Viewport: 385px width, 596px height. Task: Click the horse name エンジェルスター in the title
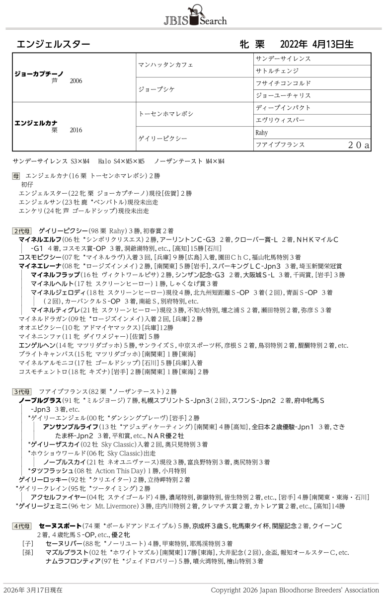[x=53, y=44]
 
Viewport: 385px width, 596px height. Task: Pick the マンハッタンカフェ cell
[x=165, y=65]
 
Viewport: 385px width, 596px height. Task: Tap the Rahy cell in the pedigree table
[x=261, y=133]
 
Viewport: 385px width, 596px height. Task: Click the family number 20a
[x=358, y=145]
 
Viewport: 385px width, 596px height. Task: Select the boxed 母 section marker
[x=16, y=175]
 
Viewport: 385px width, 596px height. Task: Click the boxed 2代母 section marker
[x=22, y=230]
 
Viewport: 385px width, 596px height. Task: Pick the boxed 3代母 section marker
[x=22, y=391]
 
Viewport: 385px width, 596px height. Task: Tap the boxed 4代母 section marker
[x=22, y=525]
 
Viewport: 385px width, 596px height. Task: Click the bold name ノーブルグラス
[x=40, y=400]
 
